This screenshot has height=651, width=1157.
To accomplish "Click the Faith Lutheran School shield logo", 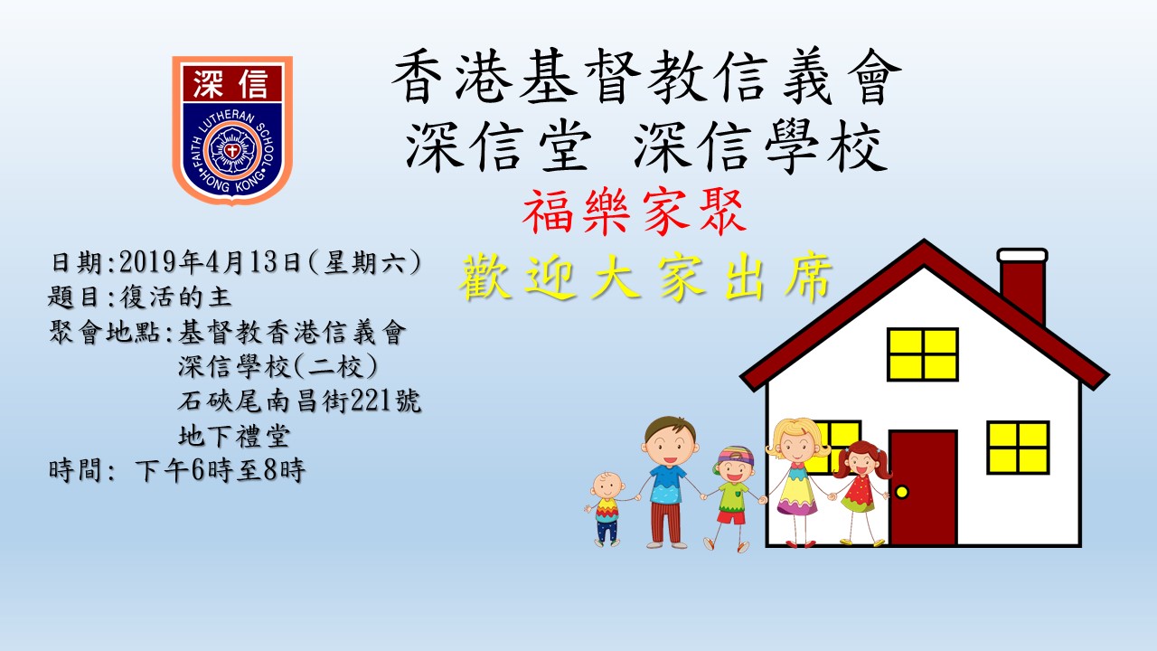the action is (x=232, y=129).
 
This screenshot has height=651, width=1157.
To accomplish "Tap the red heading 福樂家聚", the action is (x=635, y=212).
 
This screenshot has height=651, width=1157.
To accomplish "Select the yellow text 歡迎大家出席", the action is (x=645, y=277).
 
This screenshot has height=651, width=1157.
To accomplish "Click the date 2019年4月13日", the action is (x=210, y=262).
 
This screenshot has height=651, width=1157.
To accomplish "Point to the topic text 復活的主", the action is (x=175, y=297).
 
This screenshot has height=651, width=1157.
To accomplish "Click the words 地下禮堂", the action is (x=234, y=436).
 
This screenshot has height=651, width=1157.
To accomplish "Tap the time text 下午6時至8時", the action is (x=220, y=471).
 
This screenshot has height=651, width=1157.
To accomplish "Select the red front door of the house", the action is (x=923, y=487).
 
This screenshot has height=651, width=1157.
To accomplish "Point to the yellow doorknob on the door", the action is (x=902, y=491).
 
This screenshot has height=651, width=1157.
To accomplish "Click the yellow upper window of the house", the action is (x=923, y=354).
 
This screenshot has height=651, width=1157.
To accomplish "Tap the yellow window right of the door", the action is (x=1018, y=448).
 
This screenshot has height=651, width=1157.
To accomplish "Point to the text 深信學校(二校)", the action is (x=277, y=367).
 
